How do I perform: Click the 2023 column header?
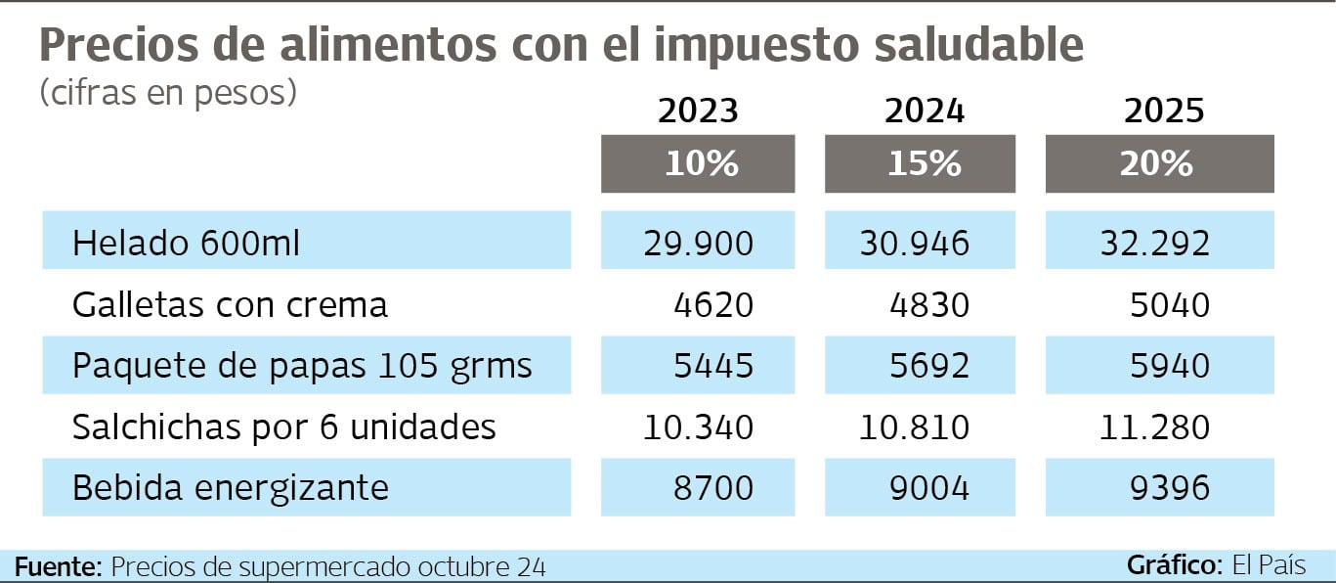(x=698, y=112)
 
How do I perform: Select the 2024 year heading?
(x=924, y=112)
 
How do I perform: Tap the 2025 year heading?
(x=1163, y=112)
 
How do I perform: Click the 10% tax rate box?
(x=698, y=163)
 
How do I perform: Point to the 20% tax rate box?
(x=1160, y=163)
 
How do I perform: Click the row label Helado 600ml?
(x=186, y=244)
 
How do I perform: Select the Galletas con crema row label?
(x=230, y=305)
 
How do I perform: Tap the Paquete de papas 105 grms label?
(x=302, y=366)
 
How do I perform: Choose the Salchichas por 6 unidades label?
(x=284, y=427)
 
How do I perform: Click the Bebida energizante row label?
(x=231, y=487)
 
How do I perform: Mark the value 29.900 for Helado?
(x=699, y=244)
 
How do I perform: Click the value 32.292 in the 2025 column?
(x=1155, y=244)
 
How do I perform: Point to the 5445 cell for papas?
(x=713, y=366)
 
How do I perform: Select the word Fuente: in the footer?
(x=59, y=566)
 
